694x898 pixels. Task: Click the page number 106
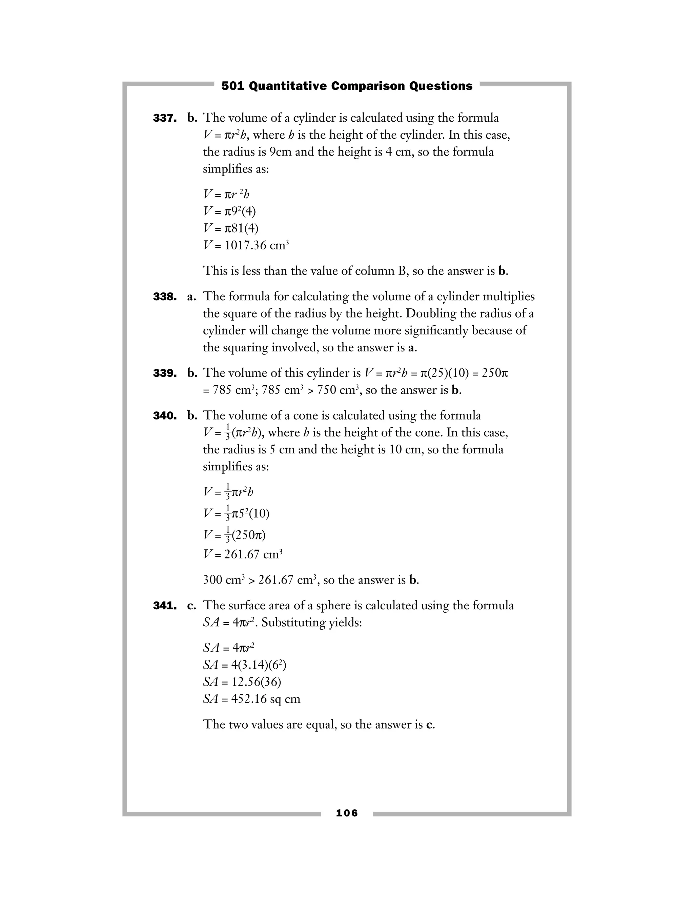pyautogui.click(x=347, y=813)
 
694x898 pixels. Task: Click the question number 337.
pyautogui.click(x=165, y=118)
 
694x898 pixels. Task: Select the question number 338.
pyautogui.click(x=165, y=297)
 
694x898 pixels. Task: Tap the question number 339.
pyautogui.click(x=165, y=373)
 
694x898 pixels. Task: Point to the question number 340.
pyautogui.click(x=165, y=416)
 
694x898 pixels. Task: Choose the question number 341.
pyautogui.click(x=165, y=606)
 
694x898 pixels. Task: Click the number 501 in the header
pyautogui.click(x=233, y=86)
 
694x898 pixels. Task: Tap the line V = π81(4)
pyautogui.click(x=231, y=228)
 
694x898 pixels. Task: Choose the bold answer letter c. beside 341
pyautogui.click(x=191, y=606)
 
